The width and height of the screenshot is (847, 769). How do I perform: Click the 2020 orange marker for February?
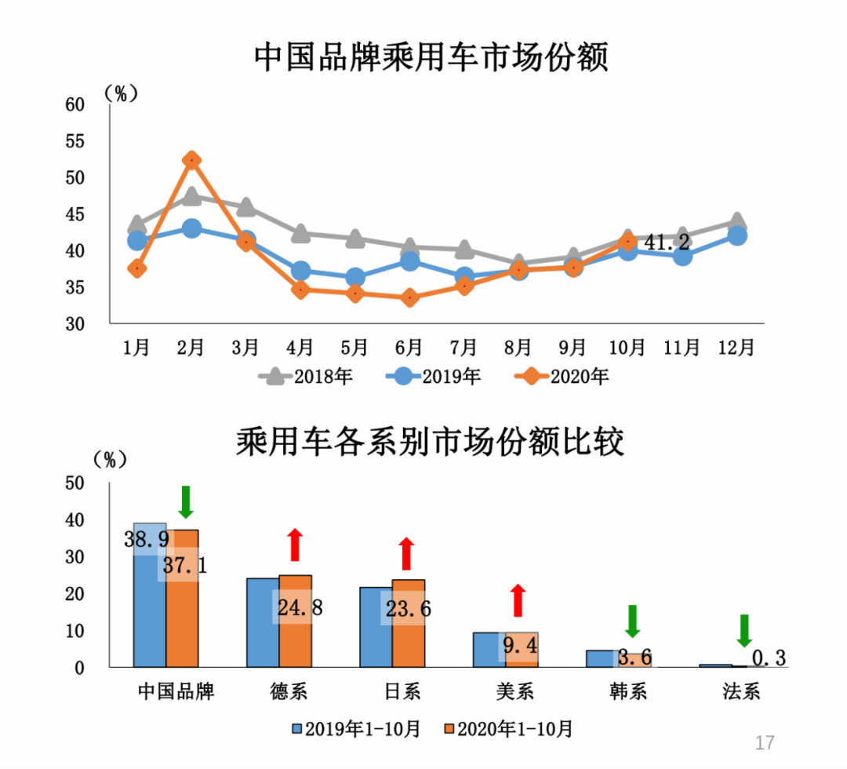(191, 160)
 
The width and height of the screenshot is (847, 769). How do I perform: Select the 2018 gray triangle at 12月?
(737, 221)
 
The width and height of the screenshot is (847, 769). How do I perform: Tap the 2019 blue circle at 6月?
(409, 260)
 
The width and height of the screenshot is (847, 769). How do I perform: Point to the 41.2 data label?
(667, 242)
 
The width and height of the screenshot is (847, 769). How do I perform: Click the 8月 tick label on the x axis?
(518, 346)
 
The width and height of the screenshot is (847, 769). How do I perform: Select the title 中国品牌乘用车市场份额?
(431, 59)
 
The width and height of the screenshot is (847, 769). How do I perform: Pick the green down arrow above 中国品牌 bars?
(186, 501)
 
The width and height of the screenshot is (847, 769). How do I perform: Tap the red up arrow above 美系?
(518, 600)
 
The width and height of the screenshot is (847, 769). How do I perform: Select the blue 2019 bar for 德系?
(263, 622)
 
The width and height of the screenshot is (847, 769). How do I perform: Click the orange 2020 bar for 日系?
(409, 623)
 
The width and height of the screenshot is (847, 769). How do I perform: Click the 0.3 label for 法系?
(769, 658)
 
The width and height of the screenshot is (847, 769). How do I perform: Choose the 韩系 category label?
(627, 691)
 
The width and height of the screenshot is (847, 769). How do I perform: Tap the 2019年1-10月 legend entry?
(357, 729)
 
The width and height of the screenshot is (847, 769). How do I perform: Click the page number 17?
(764, 742)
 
